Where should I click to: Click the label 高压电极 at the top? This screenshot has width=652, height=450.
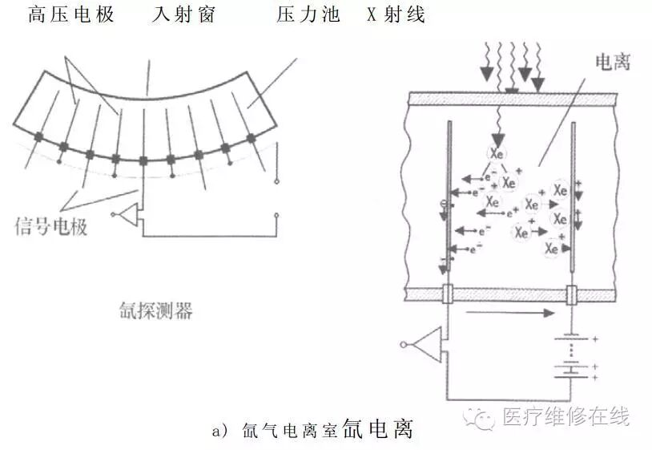(x=70, y=14)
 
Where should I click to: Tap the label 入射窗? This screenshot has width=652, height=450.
(x=183, y=14)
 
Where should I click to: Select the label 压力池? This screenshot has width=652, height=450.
(x=308, y=14)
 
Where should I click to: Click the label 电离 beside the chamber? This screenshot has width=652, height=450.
(x=613, y=63)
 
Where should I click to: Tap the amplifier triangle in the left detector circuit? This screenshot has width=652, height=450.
(x=130, y=214)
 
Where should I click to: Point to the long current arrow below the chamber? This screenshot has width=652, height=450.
(x=508, y=314)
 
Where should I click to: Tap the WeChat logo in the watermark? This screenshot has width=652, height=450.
(x=484, y=416)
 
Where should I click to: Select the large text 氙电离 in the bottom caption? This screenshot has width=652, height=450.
(x=378, y=428)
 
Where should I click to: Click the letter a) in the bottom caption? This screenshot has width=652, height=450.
(x=220, y=431)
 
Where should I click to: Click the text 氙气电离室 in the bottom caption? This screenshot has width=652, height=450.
(x=288, y=431)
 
